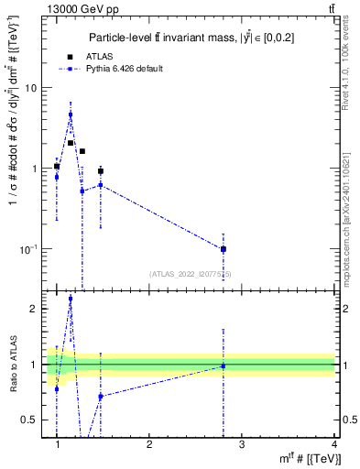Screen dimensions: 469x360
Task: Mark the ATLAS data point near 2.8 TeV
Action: pos(224,249)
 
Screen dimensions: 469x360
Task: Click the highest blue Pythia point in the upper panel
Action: pos(71,115)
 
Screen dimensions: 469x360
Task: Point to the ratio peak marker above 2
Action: pos(71,324)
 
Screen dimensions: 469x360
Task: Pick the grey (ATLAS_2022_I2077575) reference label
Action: pos(191,273)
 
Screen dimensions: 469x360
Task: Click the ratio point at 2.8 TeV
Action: pos(224,366)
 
